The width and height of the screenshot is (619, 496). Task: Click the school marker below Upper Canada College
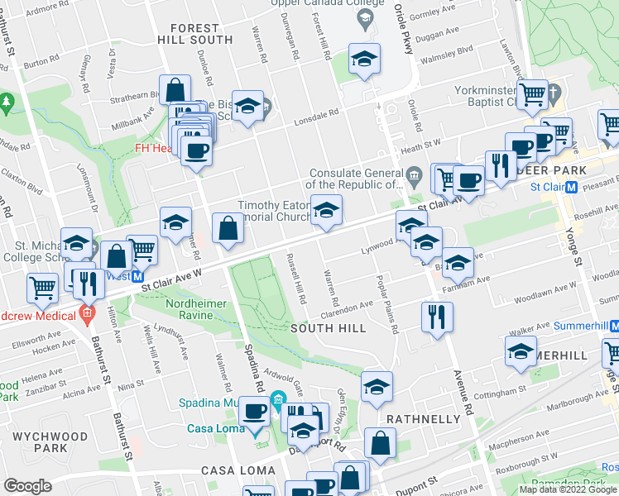pos(363,60)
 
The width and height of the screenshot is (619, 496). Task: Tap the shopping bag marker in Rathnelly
pos(379,444)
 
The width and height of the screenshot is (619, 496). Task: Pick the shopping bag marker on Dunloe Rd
pos(175,89)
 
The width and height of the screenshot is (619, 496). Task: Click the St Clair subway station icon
pos(571,187)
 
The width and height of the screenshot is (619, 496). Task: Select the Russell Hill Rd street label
pos(296,279)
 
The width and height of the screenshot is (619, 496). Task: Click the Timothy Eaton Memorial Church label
pos(271,212)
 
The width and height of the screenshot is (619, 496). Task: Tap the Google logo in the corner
pos(27,486)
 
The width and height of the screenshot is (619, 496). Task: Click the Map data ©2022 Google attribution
pos(568,489)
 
